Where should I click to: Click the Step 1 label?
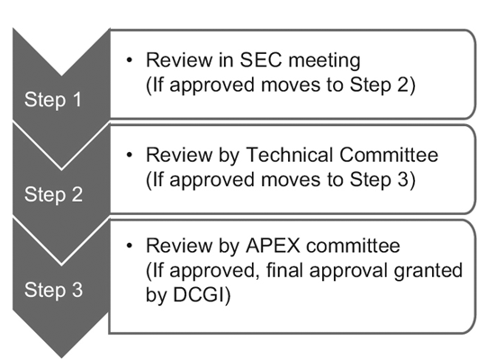[53, 100]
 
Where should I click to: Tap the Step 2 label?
[53, 194]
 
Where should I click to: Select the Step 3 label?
[53, 290]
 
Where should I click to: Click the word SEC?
[260, 59]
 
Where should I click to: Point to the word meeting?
[324, 60]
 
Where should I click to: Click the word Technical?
[289, 155]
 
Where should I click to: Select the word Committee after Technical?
[389, 155]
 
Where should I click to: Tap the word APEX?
[273, 246]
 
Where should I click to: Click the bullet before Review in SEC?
[129, 60]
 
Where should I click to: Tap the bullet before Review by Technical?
[129, 155]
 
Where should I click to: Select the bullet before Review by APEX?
[129, 246]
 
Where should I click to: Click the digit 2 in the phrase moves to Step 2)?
[402, 85]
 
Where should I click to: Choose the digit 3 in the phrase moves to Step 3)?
[402, 179]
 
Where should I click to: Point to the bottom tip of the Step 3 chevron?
[61, 358]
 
